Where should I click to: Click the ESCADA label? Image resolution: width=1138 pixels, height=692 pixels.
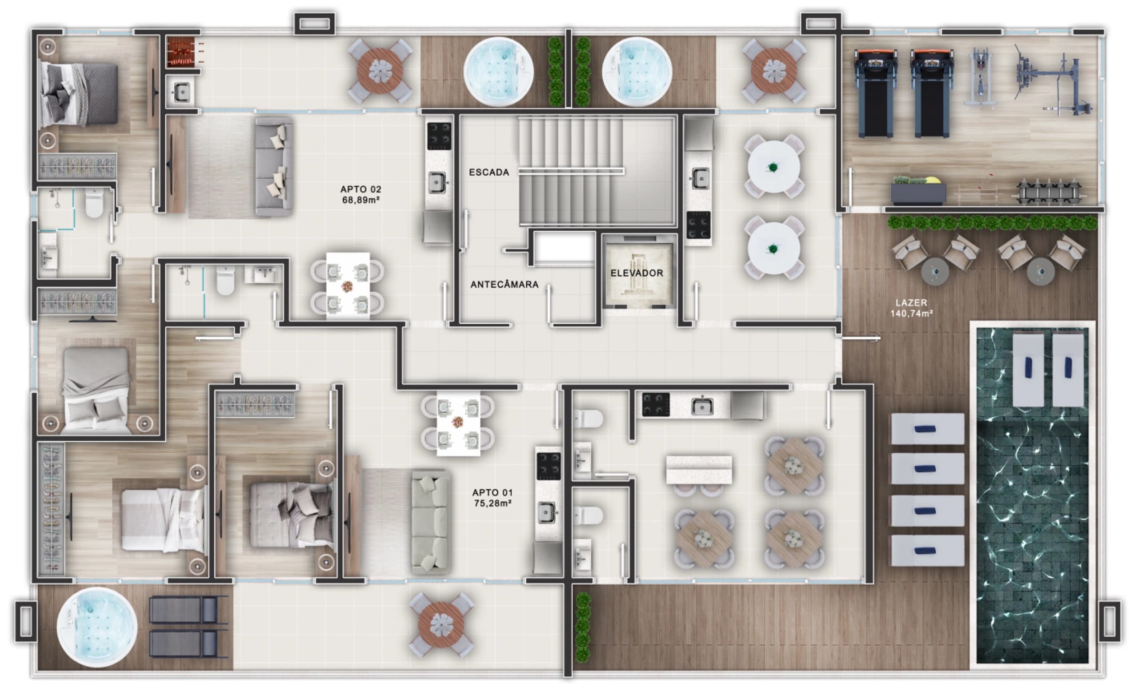[489, 172]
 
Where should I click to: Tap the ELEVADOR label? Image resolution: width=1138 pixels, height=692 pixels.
[637, 273]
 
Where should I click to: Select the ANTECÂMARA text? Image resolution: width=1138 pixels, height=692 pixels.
[505, 285]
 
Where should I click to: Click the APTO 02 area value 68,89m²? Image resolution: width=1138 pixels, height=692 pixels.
[361, 200]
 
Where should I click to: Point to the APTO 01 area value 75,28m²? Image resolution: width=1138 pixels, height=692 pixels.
[493, 503]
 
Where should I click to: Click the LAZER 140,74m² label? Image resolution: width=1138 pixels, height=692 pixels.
[911, 308]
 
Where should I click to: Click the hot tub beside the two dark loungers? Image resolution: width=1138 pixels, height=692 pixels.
[97, 628]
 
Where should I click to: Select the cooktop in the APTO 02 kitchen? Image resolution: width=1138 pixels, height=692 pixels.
[439, 136]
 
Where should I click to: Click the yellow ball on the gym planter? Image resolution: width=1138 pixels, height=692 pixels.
[933, 180]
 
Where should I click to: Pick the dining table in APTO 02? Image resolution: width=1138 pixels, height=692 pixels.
[347, 285]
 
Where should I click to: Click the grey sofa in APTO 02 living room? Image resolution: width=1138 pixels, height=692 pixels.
[274, 166]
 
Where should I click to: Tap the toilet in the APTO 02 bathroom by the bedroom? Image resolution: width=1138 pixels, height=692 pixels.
[94, 203]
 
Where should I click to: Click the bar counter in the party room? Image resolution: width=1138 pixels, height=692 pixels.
[699, 470]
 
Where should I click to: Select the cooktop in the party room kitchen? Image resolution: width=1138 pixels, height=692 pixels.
[655, 405]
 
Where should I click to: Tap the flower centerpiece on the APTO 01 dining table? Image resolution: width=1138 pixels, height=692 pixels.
[458, 421]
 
